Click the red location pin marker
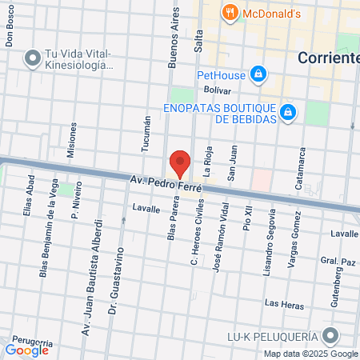coord(180,163)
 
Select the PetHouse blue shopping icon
coord(258,76)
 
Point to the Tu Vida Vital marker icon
coord(33,58)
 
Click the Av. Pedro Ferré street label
coord(166,186)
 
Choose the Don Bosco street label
coord(10,32)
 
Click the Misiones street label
coord(74,138)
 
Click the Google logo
coord(27,349)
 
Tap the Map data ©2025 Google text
coord(311,354)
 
